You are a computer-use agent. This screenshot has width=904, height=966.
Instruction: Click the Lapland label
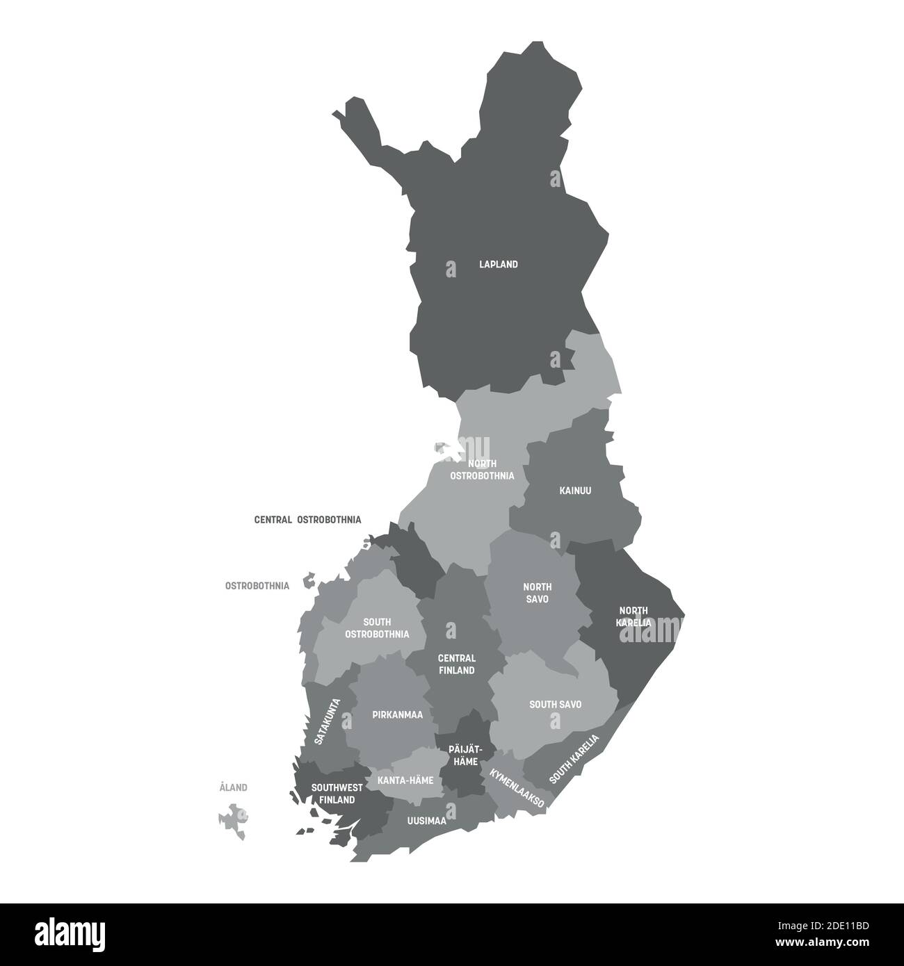point(499,265)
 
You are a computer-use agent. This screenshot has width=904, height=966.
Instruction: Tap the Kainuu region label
point(575,491)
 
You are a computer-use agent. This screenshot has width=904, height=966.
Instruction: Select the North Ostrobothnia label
point(482,470)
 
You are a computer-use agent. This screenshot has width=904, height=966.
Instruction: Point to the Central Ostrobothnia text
point(307,519)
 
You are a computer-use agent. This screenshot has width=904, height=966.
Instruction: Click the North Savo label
point(538,592)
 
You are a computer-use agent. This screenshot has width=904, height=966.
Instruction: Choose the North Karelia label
point(633,616)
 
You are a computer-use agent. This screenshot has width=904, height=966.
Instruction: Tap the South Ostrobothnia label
point(377,628)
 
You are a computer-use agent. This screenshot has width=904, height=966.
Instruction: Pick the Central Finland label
point(456,664)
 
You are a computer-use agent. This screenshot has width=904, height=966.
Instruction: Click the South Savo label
point(555,705)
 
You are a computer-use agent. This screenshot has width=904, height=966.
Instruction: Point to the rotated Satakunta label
point(328,722)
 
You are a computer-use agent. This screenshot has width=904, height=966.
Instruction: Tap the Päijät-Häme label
point(463,755)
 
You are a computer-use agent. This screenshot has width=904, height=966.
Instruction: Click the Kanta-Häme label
point(405,780)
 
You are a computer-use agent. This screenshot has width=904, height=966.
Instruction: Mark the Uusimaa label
point(426,821)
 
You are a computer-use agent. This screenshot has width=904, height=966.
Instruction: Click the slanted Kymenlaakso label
point(517,787)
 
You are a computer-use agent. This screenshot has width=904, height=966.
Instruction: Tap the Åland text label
point(233,788)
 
